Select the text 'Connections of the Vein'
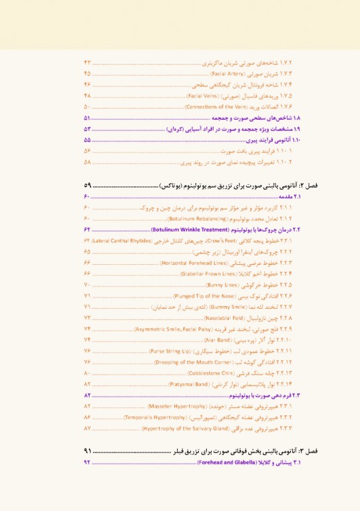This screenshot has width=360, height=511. click(x=216, y=106)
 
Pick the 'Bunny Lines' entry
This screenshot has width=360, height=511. click(x=223, y=285)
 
